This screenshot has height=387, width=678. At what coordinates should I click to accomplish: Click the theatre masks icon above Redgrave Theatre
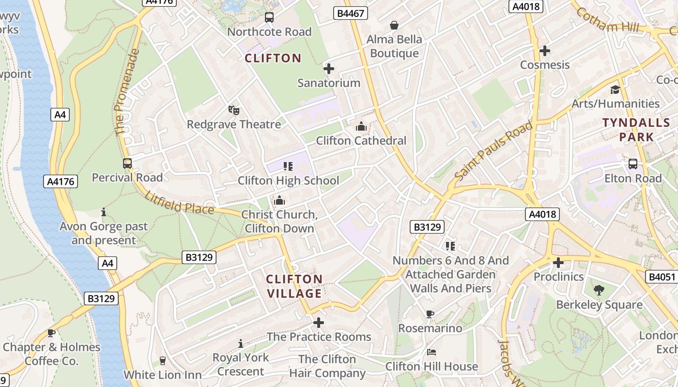click(x=234, y=110)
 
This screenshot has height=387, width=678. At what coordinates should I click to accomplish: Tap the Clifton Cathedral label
click(x=361, y=141)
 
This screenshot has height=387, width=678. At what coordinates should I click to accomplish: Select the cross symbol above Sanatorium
click(x=329, y=69)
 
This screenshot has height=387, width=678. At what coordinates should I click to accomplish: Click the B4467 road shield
click(x=351, y=13)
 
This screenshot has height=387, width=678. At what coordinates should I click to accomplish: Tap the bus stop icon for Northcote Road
click(x=269, y=18)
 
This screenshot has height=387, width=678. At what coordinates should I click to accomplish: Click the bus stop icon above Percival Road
click(x=127, y=164)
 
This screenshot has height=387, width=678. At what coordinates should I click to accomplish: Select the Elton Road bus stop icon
click(x=633, y=164)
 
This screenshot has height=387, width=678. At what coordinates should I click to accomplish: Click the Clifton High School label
click(x=288, y=181)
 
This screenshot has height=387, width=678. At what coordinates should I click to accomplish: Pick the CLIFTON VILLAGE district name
click(x=294, y=286)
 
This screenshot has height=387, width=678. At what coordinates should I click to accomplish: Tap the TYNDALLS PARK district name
click(x=628, y=130)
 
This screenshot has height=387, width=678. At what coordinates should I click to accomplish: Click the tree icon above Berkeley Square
click(x=599, y=290)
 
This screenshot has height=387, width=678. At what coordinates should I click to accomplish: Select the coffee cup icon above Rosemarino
click(x=430, y=314)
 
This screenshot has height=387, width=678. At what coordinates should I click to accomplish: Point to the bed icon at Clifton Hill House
click(x=431, y=352)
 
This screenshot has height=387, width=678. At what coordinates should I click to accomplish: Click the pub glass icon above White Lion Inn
click(x=163, y=361)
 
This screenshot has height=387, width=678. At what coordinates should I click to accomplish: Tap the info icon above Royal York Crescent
click(x=241, y=343)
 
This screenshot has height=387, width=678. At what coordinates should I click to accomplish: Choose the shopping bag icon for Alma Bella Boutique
click(x=394, y=25)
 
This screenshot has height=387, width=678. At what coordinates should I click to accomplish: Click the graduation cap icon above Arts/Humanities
click(x=615, y=89)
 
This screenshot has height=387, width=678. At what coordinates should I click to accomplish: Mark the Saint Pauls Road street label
click(x=494, y=151)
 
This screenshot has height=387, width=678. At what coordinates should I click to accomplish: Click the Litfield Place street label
click(x=179, y=203)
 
